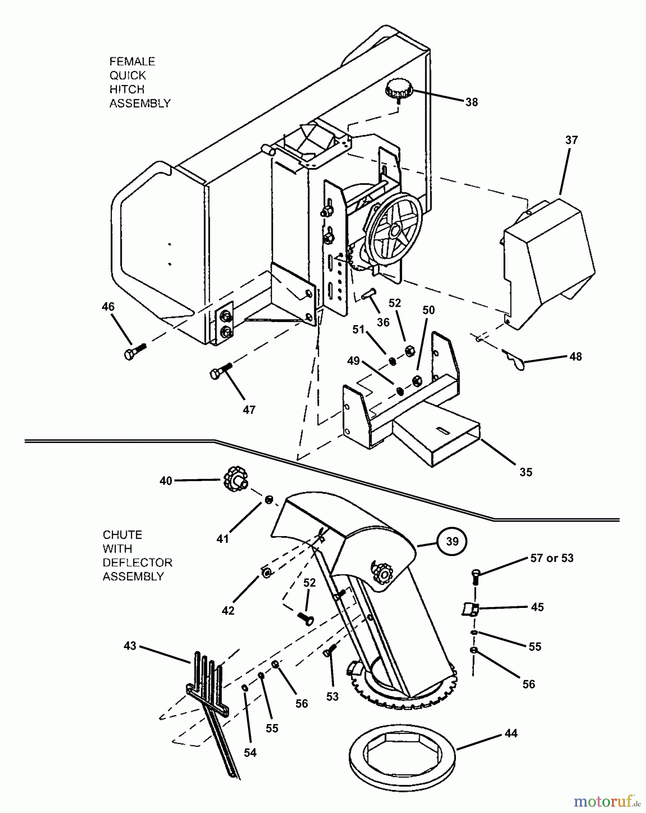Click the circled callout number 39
pos(452,541)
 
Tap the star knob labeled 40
pos(234,480)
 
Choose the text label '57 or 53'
pos(552,558)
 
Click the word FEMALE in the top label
pos(132,61)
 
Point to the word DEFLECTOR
pos(137,562)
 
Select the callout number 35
pos(525,472)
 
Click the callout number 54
pos(250,752)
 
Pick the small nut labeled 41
pos(269,499)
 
